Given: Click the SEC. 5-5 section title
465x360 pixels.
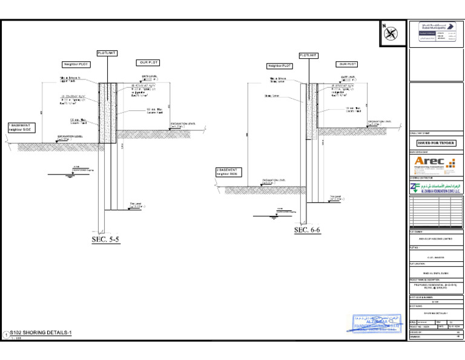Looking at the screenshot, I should pyautogui.click(x=106, y=240).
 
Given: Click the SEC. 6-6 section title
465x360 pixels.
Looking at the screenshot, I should pyautogui.click(x=307, y=230).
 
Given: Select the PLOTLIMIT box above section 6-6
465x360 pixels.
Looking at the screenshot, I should pyautogui.click(x=309, y=55).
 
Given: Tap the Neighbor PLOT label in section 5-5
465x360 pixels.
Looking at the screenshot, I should pyautogui.click(x=76, y=64).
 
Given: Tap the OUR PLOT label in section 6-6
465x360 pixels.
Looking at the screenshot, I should pyautogui.click(x=348, y=64).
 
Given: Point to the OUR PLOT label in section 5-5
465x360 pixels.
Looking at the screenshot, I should pyautogui.click(x=148, y=62).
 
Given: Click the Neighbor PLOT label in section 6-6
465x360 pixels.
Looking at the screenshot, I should pyautogui.click(x=280, y=65).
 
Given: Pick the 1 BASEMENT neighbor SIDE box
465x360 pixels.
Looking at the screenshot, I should pyautogui.click(x=21, y=128).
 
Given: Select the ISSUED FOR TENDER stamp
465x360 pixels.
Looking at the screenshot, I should pyautogui.click(x=436, y=143).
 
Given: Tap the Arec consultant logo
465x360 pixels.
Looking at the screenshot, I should pyautogui.click(x=436, y=164).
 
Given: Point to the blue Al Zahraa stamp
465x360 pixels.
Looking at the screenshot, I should pyautogui.click(x=377, y=324).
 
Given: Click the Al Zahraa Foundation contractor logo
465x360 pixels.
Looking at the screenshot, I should pyautogui.click(x=436, y=188).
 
